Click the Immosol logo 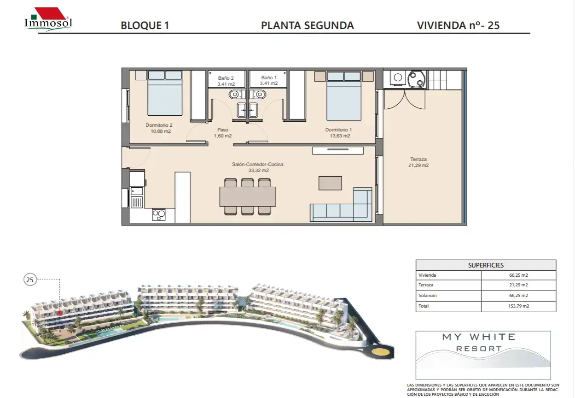pyautogui.click(x=48, y=19)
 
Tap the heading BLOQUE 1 pyautogui.click(x=145, y=25)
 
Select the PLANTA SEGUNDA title pyautogui.click(x=307, y=25)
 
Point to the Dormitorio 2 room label pyautogui.click(x=159, y=128)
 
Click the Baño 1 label pyautogui.click(x=269, y=80)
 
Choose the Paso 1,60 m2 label pyautogui.click(x=222, y=133)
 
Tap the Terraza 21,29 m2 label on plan pyautogui.click(x=418, y=162)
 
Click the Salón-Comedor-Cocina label pyautogui.click(x=257, y=167)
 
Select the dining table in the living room pyautogui.click(x=248, y=196)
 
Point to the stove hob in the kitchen pyautogui.click(x=159, y=215)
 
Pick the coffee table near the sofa pyautogui.click(x=330, y=183)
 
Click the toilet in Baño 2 pyautogui.click(x=235, y=95)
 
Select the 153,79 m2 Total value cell pyautogui.click(x=518, y=306)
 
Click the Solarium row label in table pyautogui.click(x=427, y=296)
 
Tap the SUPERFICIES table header pyautogui.click(x=486, y=265)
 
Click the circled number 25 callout pyautogui.click(x=30, y=279)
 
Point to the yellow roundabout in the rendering pyautogui.click(x=381, y=352)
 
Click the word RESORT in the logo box pyautogui.click(x=479, y=349)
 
